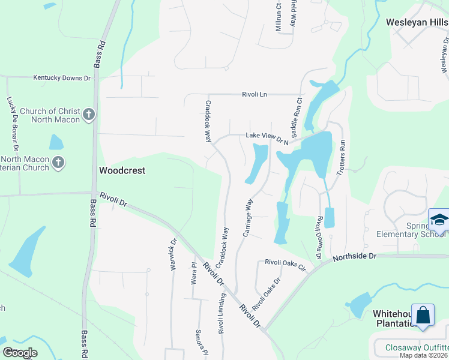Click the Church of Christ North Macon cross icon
coord(89,115)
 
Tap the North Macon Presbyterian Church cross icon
coord(58,162)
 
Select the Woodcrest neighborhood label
coord(122,170)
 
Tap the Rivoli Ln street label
coord(258,94)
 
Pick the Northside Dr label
coord(354,256)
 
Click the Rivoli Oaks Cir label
coord(286,263)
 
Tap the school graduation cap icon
coord(439,220)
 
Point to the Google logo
coord(20,352)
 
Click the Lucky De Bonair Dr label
coord(13,124)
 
